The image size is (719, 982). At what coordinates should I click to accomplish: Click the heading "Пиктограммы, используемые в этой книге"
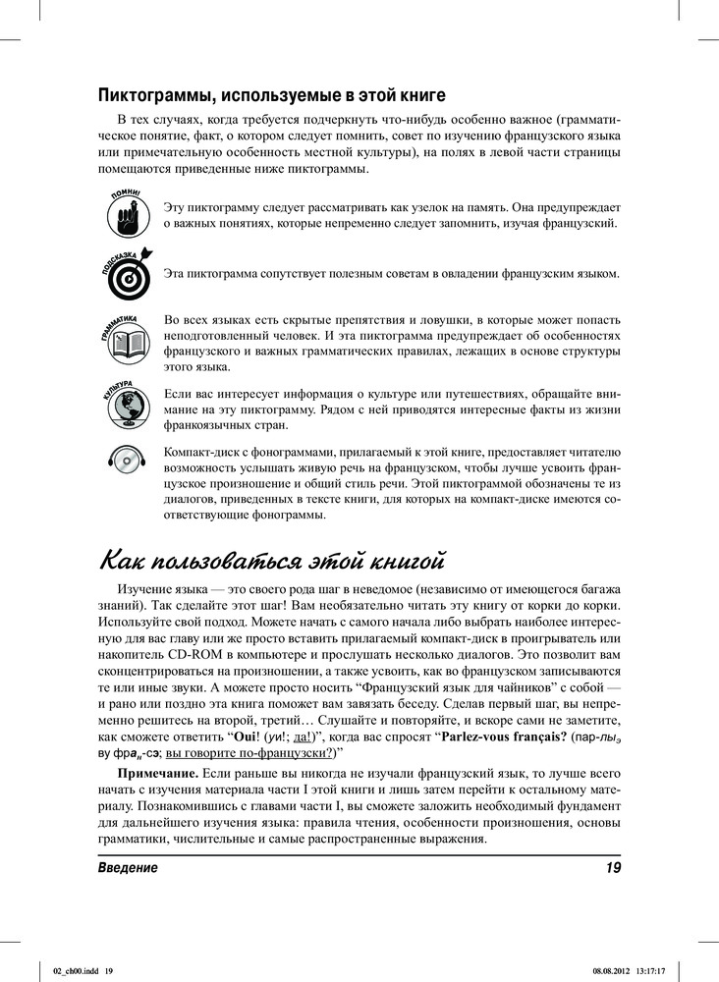click(x=272, y=95)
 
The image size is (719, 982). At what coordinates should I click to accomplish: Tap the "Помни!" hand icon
click(x=126, y=214)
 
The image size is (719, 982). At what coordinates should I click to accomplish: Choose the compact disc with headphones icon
click(x=127, y=458)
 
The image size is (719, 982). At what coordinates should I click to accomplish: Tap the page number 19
click(x=612, y=867)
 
